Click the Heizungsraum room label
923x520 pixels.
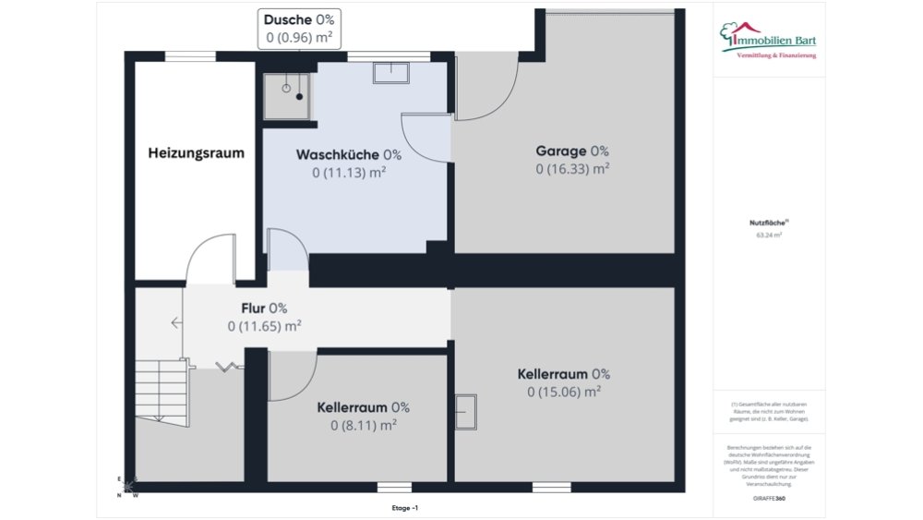pos(196,153)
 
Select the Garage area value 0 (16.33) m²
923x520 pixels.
pos(572,169)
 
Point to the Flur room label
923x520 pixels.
pos(264,308)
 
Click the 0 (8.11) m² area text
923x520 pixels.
pos(363,425)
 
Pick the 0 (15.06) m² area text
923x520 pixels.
pos(563,392)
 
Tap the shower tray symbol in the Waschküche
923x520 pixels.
pos(286,96)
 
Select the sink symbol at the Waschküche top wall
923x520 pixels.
pos(390,72)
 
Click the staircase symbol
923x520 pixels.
pos(162,387)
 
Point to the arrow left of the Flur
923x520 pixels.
pos(175,322)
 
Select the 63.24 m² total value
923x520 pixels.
pos(768,236)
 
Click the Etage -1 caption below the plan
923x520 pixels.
pos(404,508)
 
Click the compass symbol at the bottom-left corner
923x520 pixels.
pos(128,487)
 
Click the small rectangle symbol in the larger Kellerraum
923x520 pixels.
pos(466,411)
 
